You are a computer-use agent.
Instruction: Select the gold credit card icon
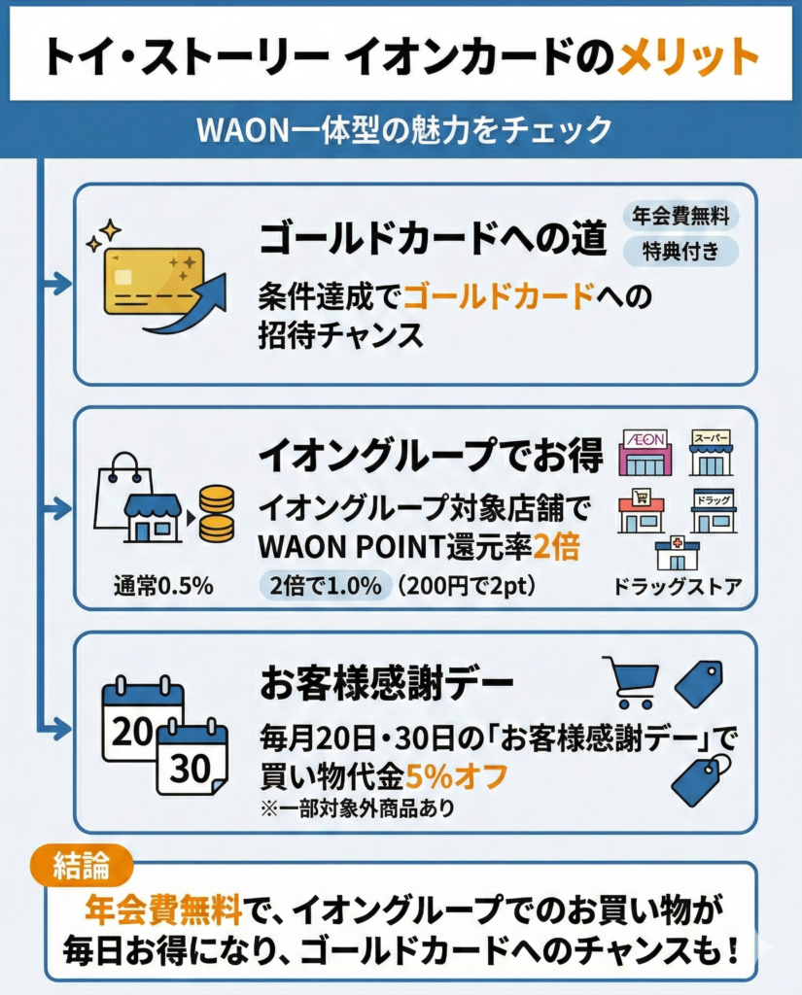coord(155,281)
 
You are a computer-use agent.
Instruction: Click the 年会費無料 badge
coord(680,216)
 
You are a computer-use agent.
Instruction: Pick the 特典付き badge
coord(680,251)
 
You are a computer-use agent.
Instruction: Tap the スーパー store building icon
coord(711,452)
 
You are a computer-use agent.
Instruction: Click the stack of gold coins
coord(215,513)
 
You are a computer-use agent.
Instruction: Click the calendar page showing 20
coord(142,720)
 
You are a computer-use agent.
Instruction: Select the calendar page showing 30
coord(192,759)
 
